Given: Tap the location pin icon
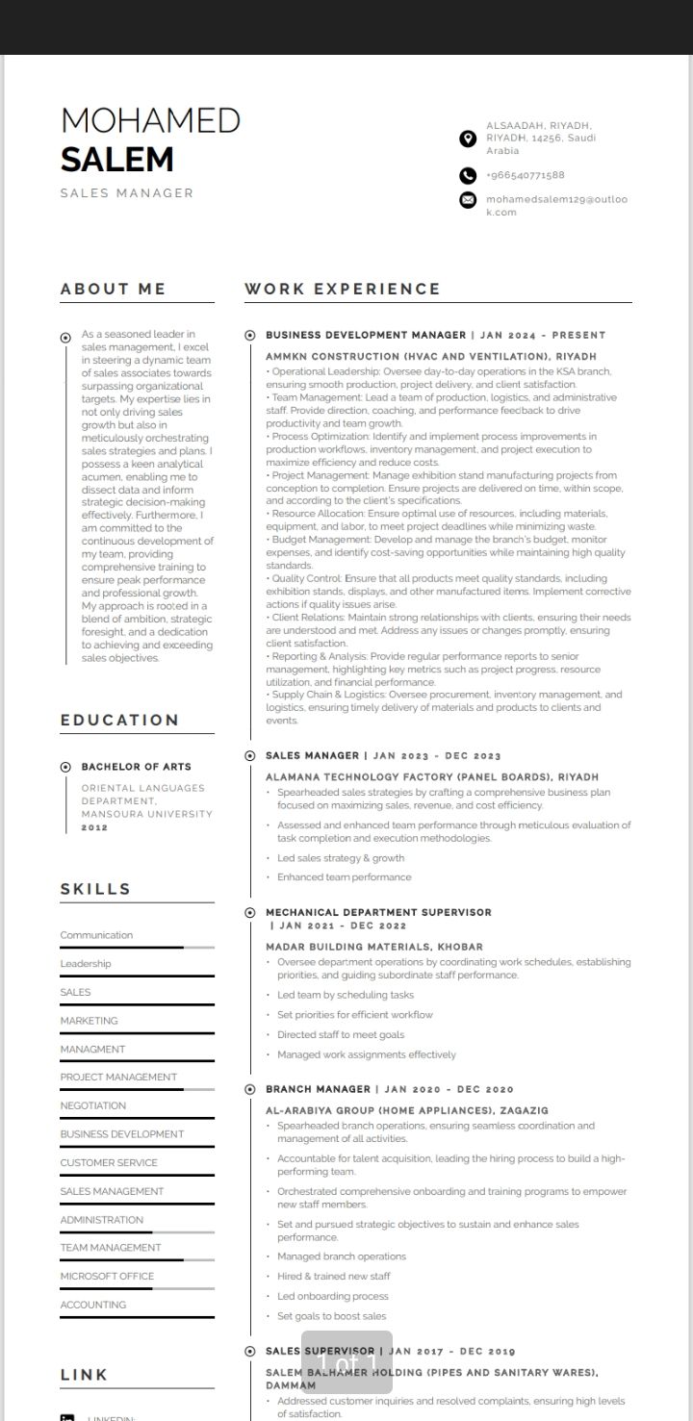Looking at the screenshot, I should pyautogui.click(x=468, y=139).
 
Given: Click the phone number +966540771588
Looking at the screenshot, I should pyautogui.click(x=525, y=175).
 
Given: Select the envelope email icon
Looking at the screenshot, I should pyautogui.click(x=468, y=200).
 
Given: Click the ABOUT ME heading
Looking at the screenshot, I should pyautogui.click(x=113, y=289).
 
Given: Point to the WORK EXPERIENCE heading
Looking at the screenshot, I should pyautogui.click(x=342, y=289).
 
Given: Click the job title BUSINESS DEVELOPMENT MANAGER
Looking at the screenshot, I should pyautogui.click(x=366, y=335).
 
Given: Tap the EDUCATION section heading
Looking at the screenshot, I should pyautogui.click(x=119, y=720).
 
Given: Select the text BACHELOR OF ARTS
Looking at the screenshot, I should pyautogui.click(x=136, y=767).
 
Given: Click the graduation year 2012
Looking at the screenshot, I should pyautogui.click(x=94, y=827).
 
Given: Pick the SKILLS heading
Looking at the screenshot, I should pyautogui.click(x=95, y=889).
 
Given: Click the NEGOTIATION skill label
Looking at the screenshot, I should pyautogui.click(x=93, y=1105).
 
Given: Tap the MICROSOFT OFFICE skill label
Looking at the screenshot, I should pyautogui.click(x=107, y=1276).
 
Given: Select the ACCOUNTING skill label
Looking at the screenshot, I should pyautogui.click(x=93, y=1305).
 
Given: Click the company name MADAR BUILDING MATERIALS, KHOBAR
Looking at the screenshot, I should pyautogui.click(x=374, y=947).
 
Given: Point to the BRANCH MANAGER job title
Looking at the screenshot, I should pyautogui.click(x=318, y=1089).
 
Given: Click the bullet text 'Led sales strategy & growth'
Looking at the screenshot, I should pyautogui.click(x=341, y=858).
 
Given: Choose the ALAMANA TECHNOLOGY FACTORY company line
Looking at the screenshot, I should pyautogui.click(x=431, y=776).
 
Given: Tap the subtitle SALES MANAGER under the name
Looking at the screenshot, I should pyautogui.click(x=126, y=193).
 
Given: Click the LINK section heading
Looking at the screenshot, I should pyautogui.click(x=84, y=1375).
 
